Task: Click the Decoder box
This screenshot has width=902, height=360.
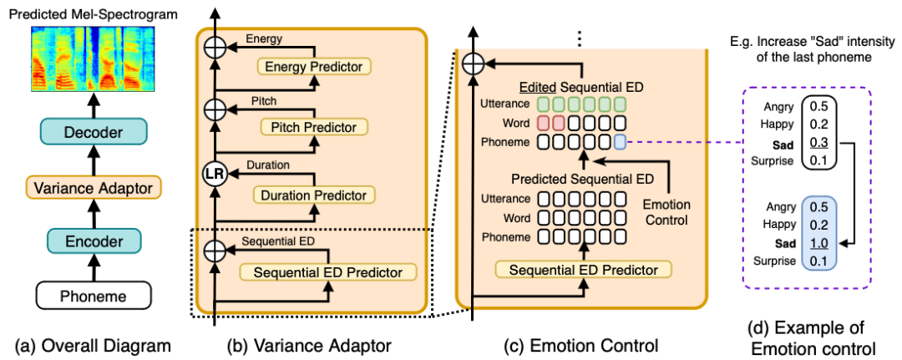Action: (x=92, y=133)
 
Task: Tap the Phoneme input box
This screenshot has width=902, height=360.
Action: (x=92, y=295)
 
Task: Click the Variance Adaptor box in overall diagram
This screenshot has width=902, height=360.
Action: (x=92, y=187)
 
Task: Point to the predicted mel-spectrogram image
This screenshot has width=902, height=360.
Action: (x=92, y=58)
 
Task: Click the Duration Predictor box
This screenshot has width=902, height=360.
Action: (x=314, y=194)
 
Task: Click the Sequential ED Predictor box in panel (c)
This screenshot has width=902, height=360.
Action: (x=584, y=269)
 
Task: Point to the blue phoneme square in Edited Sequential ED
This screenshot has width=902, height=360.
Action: (x=618, y=142)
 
